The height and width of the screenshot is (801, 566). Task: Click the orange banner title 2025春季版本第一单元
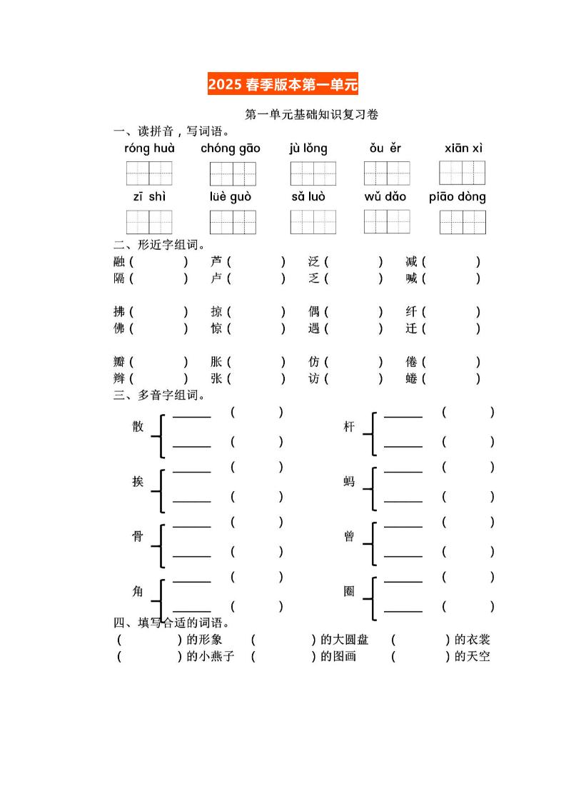283,85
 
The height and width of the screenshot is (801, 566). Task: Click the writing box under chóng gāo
233,173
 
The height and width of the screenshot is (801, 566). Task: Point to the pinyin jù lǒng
308,148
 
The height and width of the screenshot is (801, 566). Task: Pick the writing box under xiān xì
462,173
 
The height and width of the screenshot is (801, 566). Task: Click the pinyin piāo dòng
458,197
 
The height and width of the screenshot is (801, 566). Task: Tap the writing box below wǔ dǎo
387,221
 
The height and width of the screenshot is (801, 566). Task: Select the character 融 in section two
119,262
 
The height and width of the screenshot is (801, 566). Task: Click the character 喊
411,278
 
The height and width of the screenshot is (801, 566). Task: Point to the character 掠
216,312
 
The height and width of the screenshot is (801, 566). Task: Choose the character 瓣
119,362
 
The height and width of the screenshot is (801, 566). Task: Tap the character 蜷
411,378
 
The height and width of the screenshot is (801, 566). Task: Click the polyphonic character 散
138,427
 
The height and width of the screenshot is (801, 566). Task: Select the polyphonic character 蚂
349,482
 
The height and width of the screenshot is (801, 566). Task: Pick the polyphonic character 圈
349,592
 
